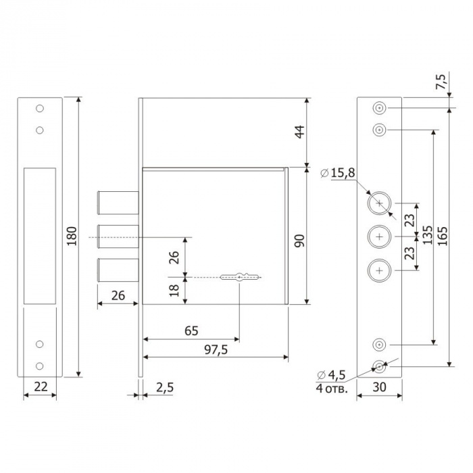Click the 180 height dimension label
pyautogui.click(x=72, y=236)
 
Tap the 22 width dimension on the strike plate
pyautogui.click(x=41, y=387)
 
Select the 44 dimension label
pyautogui.click(x=300, y=132)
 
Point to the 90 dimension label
pyautogui.click(x=300, y=241)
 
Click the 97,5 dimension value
pyautogui.click(x=216, y=350)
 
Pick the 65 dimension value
pyautogui.click(x=191, y=331)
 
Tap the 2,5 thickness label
pyautogui.click(x=165, y=387)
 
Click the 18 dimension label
pyautogui.click(x=174, y=291)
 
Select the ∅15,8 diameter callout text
pyautogui.click(x=338, y=173)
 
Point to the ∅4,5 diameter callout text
pyautogui.click(x=331, y=375)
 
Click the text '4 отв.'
pyautogui.click(x=332, y=389)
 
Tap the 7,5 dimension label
pyautogui.click(x=441, y=82)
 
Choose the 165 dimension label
pyautogui.click(x=443, y=236)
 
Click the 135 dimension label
pyautogui.click(x=428, y=235)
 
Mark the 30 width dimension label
pyautogui.click(x=379, y=387)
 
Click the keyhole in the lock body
pyautogui.click(x=239, y=277)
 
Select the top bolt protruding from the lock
pyautogui.click(x=118, y=203)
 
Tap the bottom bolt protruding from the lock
pyautogui.click(x=118, y=270)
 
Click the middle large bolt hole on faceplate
pyautogui.click(x=380, y=236)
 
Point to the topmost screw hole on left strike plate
pyautogui.click(x=40, y=108)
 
